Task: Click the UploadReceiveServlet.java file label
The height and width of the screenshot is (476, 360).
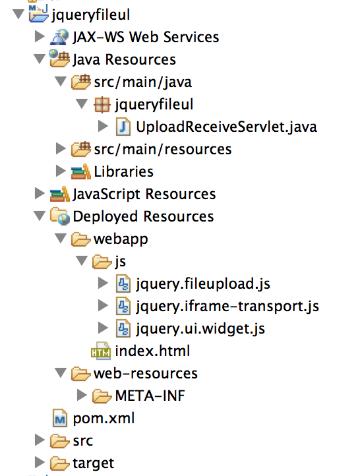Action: (226, 127)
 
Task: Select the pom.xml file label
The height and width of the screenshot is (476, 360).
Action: (104, 419)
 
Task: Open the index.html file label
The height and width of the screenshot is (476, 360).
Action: (152, 351)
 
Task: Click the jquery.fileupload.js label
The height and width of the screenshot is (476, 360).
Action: (203, 284)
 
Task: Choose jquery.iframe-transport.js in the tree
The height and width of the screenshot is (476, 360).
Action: (227, 307)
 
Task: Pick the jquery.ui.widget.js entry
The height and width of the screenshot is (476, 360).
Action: (200, 329)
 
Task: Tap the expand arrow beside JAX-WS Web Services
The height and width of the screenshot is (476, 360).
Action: (40, 36)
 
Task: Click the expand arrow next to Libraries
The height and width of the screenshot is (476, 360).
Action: (61, 171)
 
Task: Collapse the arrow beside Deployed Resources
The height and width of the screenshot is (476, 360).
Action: (40, 216)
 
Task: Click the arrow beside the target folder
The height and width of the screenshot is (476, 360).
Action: (40, 462)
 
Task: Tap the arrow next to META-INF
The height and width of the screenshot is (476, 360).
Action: (82, 395)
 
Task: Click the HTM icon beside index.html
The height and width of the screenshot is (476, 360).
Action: (101, 351)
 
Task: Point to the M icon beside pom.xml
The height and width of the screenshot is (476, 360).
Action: (60, 419)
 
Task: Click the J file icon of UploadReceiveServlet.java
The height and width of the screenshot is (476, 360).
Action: (123, 127)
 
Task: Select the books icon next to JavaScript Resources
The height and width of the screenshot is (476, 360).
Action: (60, 194)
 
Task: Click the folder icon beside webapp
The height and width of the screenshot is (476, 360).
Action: (80, 239)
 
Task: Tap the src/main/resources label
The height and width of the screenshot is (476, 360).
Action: (163, 150)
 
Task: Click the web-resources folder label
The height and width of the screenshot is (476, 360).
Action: (146, 373)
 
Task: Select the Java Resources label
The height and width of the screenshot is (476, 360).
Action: (124, 59)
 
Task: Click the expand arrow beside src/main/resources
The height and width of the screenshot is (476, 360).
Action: (61, 148)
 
